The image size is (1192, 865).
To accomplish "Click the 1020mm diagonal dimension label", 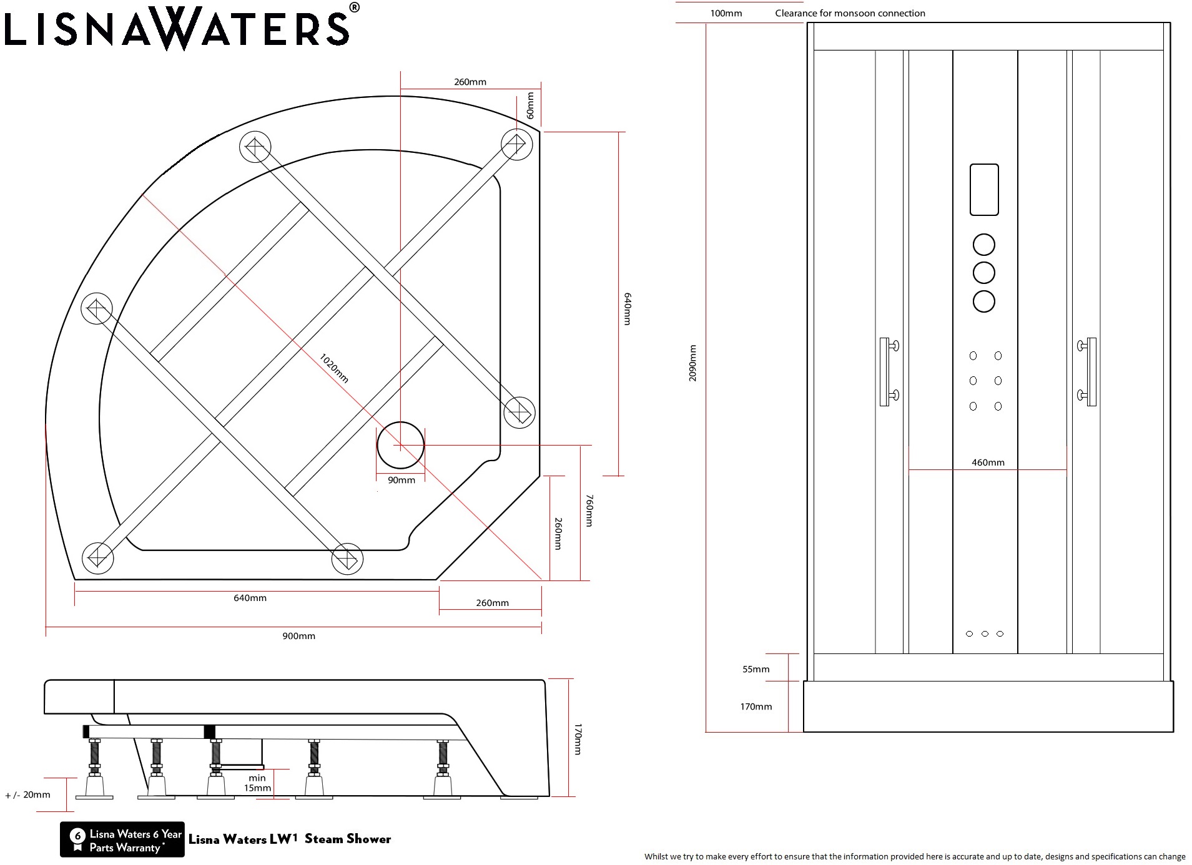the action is point(334,368).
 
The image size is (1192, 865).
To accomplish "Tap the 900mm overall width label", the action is point(298,636).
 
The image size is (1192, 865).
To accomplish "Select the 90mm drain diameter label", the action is point(401,480).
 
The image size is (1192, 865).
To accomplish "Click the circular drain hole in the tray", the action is point(400,445).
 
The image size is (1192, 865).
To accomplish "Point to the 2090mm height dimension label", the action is point(692,363).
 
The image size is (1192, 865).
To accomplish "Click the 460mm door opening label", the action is point(988,462).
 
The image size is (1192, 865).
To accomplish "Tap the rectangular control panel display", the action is point(984,190).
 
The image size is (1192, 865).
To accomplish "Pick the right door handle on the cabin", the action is point(1087,372).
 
